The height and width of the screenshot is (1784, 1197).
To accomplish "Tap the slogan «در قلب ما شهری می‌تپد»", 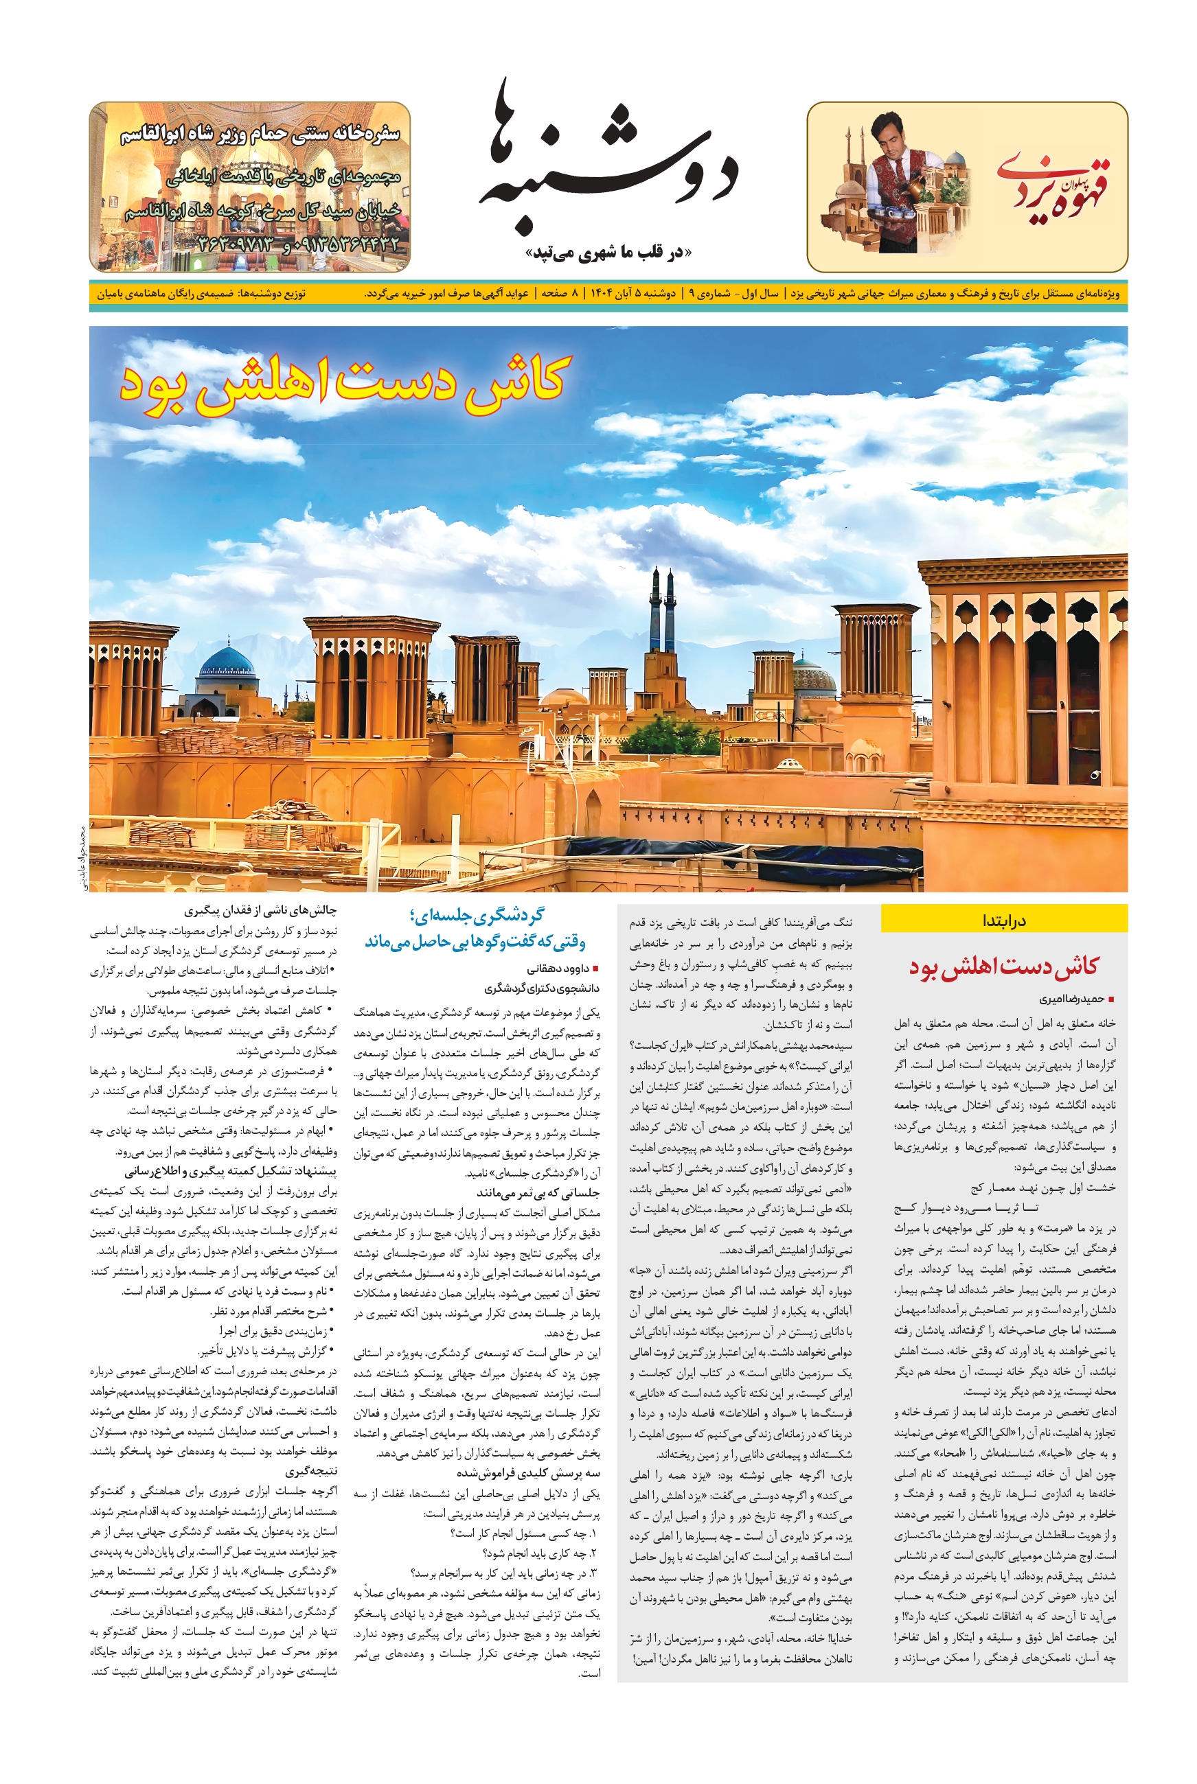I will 608,252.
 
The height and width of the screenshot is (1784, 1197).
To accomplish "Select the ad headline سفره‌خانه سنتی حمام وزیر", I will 260,136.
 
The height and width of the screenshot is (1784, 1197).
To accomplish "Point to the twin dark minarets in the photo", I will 662,610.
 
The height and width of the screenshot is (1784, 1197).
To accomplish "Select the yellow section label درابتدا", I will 1004,920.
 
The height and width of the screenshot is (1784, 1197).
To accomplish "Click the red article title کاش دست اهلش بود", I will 1003,966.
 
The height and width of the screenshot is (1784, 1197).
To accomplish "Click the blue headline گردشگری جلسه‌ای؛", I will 477,916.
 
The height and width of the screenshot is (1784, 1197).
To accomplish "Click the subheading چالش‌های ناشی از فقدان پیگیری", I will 260,910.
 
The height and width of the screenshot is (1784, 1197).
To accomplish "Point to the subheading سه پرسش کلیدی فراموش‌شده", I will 528,1472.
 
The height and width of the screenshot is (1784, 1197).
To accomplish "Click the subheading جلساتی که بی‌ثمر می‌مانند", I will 538,1192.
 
